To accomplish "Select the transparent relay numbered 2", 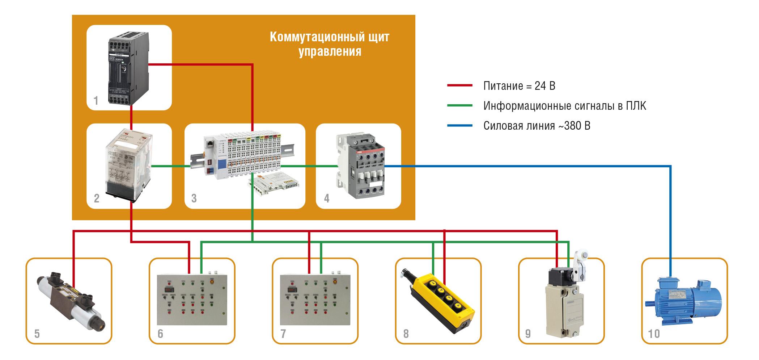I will pos(128,165).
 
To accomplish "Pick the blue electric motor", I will pos(684,301).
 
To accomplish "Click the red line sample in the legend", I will pos(460,86).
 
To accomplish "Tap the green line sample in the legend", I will pos(460,106).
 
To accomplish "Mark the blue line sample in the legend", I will pos(460,126).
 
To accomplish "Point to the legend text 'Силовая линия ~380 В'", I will pos(537,126).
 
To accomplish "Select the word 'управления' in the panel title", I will pos(330,51).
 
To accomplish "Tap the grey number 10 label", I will pos(654,333).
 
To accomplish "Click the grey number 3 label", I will pos(194,198).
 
